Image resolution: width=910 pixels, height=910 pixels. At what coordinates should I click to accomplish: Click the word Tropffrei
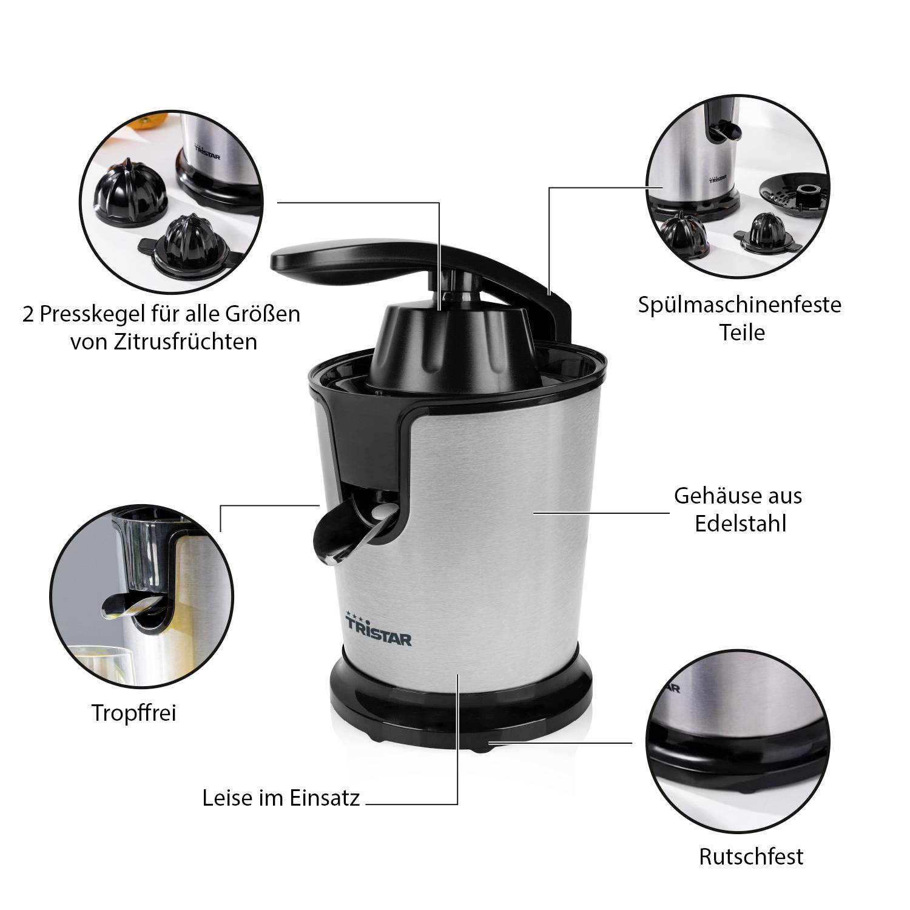point(133,713)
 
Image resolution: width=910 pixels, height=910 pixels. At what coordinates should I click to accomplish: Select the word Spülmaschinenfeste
point(740,304)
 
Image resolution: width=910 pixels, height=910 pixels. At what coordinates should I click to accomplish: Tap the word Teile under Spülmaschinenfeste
point(742,332)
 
